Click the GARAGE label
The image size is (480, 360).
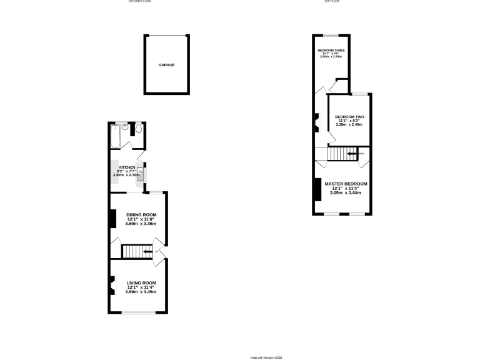166,65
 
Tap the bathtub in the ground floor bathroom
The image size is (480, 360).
115,137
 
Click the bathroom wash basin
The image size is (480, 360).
126,129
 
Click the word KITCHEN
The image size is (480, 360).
127,167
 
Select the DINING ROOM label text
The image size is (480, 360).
141,214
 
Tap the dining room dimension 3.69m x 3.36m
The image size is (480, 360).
141,224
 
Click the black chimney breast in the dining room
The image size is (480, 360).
113,218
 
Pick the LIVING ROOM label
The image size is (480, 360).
141,282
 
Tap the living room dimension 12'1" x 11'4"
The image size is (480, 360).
141,287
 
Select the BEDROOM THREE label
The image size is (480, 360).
331,50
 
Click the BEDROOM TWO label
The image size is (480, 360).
349,117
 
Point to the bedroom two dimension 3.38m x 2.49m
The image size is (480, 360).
349,125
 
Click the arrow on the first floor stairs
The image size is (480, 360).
353,153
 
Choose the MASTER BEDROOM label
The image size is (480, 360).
346,184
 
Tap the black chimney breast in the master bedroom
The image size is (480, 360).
318,190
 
